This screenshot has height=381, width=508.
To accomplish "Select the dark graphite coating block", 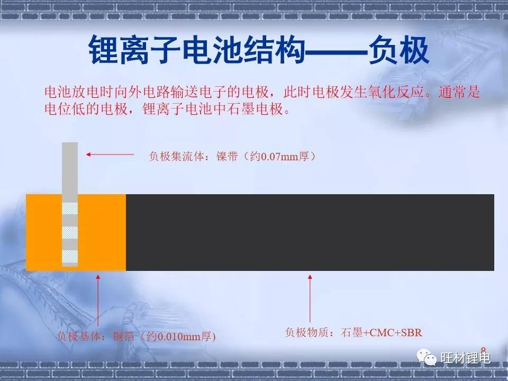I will click(x=310, y=233).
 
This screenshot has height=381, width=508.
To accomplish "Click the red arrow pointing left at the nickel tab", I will click(x=110, y=155).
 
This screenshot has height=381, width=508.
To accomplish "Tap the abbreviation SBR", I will click(x=412, y=332).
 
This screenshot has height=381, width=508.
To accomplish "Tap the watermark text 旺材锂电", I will click(x=466, y=358).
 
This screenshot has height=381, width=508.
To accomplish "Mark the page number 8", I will click(x=483, y=349).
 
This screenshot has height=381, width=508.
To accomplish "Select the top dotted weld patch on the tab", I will click(x=70, y=208).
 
